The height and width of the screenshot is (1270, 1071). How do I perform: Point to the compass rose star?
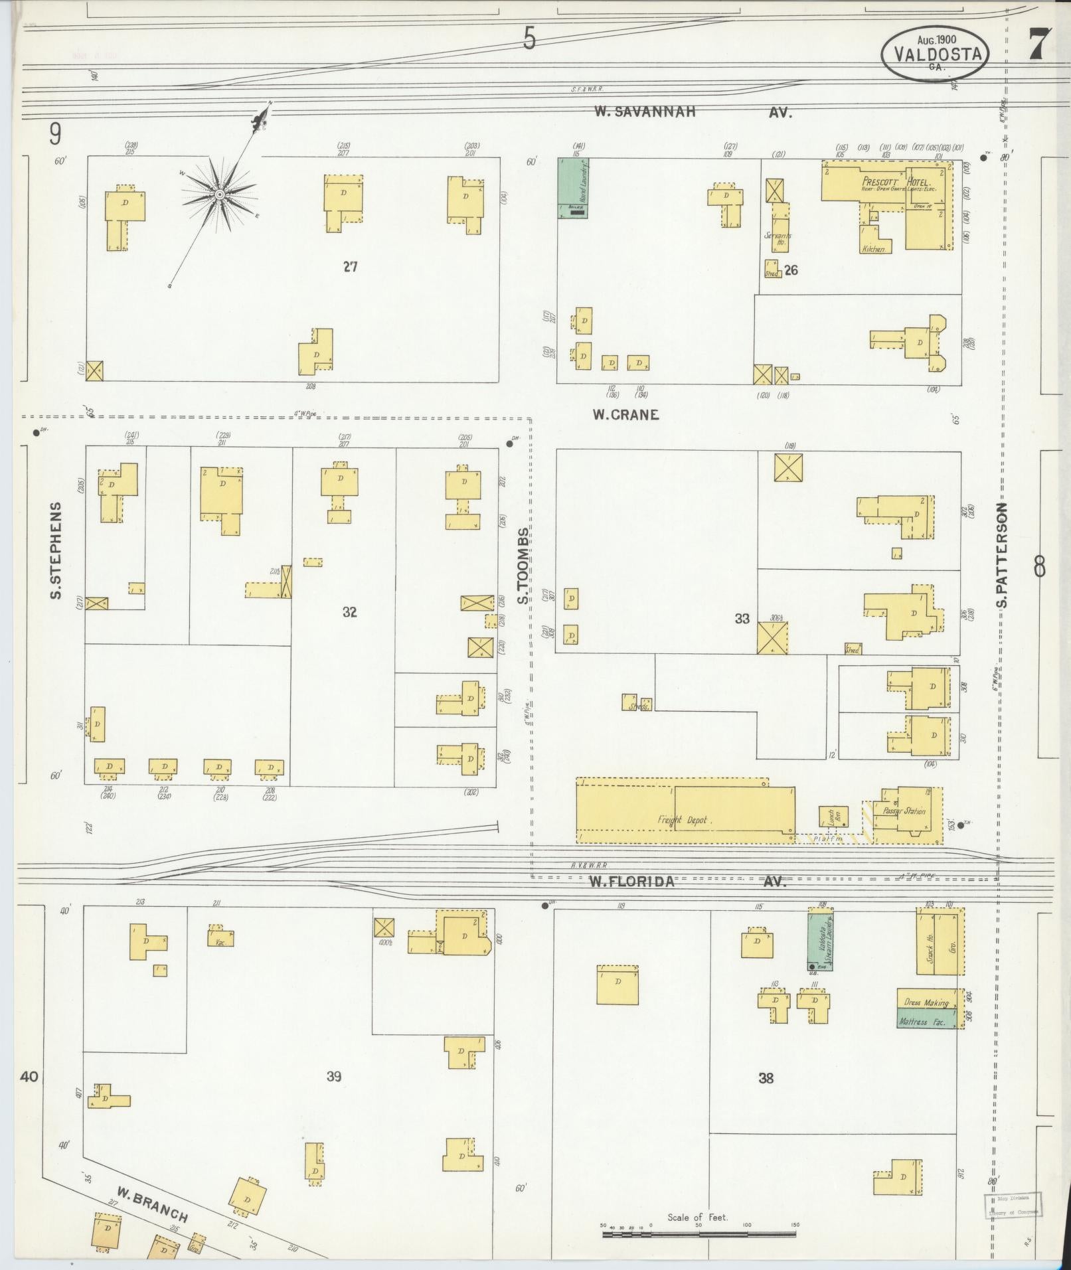pyautogui.click(x=218, y=195)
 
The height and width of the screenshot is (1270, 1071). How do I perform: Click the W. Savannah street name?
pyautogui.click(x=645, y=112)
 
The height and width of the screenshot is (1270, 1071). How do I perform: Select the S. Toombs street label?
pyautogui.click(x=524, y=566)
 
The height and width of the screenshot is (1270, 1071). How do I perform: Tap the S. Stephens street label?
pyautogui.click(x=56, y=550)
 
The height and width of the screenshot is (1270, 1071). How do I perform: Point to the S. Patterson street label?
pyautogui.click(x=1001, y=555)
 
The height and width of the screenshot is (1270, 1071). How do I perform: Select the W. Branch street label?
pyautogui.click(x=152, y=1202)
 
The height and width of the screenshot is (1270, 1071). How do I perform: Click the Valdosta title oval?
pyautogui.click(x=936, y=54)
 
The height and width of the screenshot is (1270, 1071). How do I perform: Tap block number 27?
pyautogui.click(x=350, y=267)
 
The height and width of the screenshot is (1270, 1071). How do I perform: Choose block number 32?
pyautogui.click(x=349, y=612)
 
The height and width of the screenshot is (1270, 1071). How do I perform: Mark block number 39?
pyautogui.click(x=333, y=1076)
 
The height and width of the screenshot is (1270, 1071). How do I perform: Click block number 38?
pyautogui.click(x=766, y=1078)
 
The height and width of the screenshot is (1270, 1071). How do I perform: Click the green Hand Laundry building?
pyautogui.click(x=574, y=189)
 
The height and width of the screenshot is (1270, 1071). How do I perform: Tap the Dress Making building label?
pyautogui.click(x=926, y=1002)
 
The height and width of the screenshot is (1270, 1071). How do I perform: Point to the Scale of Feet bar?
pyautogui.click(x=699, y=1234)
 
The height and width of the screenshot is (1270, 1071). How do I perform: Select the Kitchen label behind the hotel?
pyautogui.click(x=873, y=249)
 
